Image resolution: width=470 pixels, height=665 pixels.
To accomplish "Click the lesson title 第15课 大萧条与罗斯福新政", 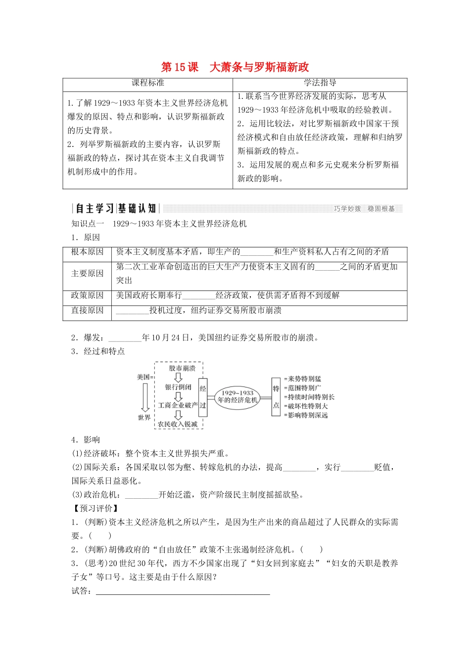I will tap(235, 67).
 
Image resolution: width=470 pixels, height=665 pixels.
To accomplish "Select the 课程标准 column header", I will tap(147, 83).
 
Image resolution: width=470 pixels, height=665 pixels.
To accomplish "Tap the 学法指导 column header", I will tap(320, 83).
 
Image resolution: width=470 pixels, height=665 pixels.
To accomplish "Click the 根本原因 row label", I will tap(87, 252).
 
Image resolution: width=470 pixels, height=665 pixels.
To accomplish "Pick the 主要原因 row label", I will tap(87, 274).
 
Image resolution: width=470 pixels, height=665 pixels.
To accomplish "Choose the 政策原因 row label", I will tap(87, 295).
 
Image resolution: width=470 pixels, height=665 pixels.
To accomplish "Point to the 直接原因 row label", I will tap(87, 310).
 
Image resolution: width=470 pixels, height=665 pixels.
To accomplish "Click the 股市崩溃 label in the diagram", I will tap(182, 368).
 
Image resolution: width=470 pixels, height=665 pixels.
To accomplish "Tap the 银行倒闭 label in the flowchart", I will tap(178, 387).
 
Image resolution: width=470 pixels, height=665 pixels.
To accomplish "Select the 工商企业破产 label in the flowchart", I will tap(178, 405).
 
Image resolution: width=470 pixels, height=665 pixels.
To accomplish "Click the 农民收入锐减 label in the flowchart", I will tap(178, 424).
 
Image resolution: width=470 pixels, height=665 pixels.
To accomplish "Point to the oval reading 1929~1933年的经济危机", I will tap(237, 396).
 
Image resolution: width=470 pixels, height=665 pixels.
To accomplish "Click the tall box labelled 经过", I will tap(203, 397).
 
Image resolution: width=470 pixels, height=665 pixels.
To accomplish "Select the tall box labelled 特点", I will tap(276, 397).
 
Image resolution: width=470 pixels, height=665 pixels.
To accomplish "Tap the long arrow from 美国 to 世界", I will tap(145, 398).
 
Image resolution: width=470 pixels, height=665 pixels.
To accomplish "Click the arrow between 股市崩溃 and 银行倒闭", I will tap(178, 378).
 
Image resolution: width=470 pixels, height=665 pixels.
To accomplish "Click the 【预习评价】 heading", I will tap(95, 508).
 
